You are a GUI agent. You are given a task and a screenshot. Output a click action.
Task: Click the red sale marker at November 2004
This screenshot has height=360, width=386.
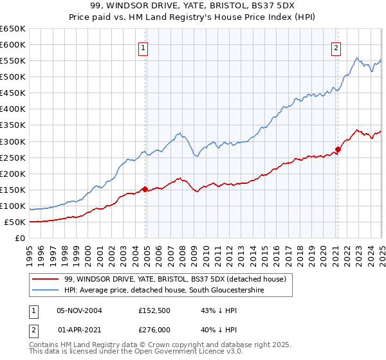(x=145, y=189)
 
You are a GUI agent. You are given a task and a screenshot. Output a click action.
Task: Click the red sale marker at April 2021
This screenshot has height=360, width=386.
(x=337, y=149)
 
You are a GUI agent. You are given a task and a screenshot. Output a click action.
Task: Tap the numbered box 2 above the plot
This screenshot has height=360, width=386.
(x=336, y=47)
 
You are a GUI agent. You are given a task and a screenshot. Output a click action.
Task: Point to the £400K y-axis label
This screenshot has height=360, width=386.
(x=13, y=109)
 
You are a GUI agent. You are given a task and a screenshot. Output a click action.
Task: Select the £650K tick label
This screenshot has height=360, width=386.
(x=13, y=29)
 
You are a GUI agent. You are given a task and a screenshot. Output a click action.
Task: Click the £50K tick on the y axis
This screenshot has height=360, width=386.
(x=15, y=222)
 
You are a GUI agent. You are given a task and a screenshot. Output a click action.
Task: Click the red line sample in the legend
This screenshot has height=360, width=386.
(x=45, y=279)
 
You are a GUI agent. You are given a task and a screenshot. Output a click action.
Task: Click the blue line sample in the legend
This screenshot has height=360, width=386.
(x=45, y=291)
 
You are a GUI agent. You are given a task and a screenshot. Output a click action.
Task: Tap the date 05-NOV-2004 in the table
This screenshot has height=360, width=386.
(x=80, y=310)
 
